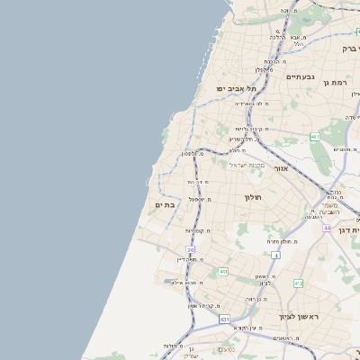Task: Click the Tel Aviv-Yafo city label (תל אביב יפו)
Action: click(237, 89)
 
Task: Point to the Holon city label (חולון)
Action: click(252, 195)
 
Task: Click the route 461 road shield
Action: click(315, 137)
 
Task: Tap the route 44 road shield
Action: click(328, 228)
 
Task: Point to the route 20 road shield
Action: click(191, 249)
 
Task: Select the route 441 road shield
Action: click(222, 271)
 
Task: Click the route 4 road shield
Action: click(276, 256)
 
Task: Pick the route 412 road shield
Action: click(298, 283)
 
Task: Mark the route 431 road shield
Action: click(224, 319)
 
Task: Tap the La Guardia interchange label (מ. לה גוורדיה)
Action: click(255, 103)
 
